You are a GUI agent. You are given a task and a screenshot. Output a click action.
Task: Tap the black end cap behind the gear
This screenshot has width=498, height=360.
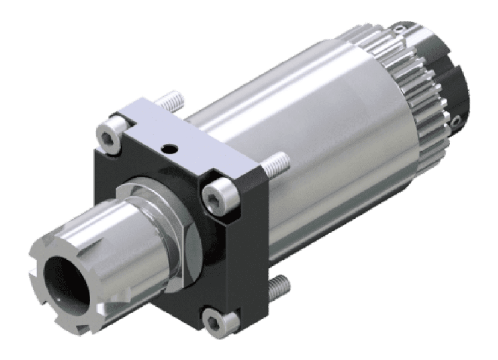click(454, 89)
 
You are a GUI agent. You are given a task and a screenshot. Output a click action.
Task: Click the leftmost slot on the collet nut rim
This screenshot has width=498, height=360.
click(32, 277)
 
